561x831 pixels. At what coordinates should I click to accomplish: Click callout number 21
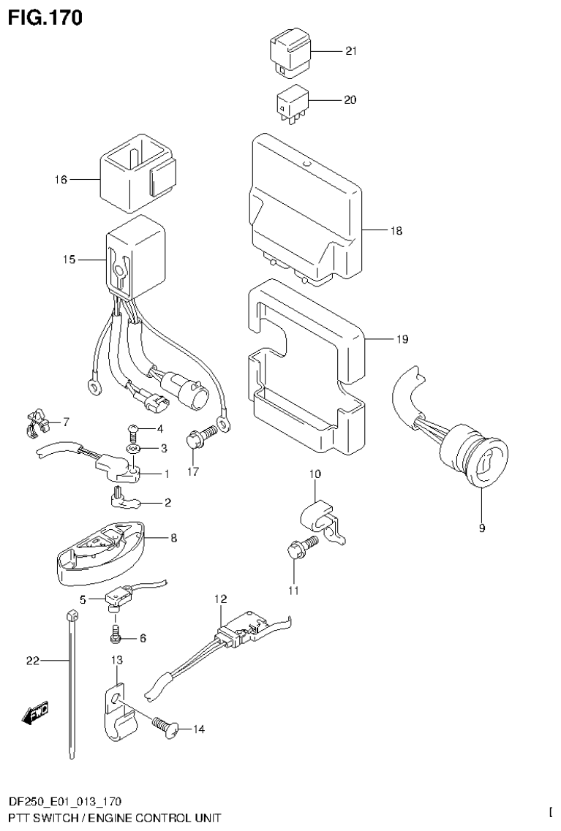pyautogui.click(x=350, y=51)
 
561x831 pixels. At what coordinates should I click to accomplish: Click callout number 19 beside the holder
pyautogui.click(x=402, y=339)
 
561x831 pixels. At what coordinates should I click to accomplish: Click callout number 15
pyautogui.click(x=69, y=259)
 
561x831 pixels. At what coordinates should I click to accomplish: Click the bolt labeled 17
pyautogui.click(x=200, y=438)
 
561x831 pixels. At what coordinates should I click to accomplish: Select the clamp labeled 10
pyautogui.click(x=320, y=515)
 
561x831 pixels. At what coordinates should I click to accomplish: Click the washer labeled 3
pyautogui.click(x=134, y=447)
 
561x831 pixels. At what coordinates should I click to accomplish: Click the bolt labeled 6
pyautogui.click(x=116, y=637)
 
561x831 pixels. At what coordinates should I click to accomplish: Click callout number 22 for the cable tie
pyautogui.click(x=31, y=661)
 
